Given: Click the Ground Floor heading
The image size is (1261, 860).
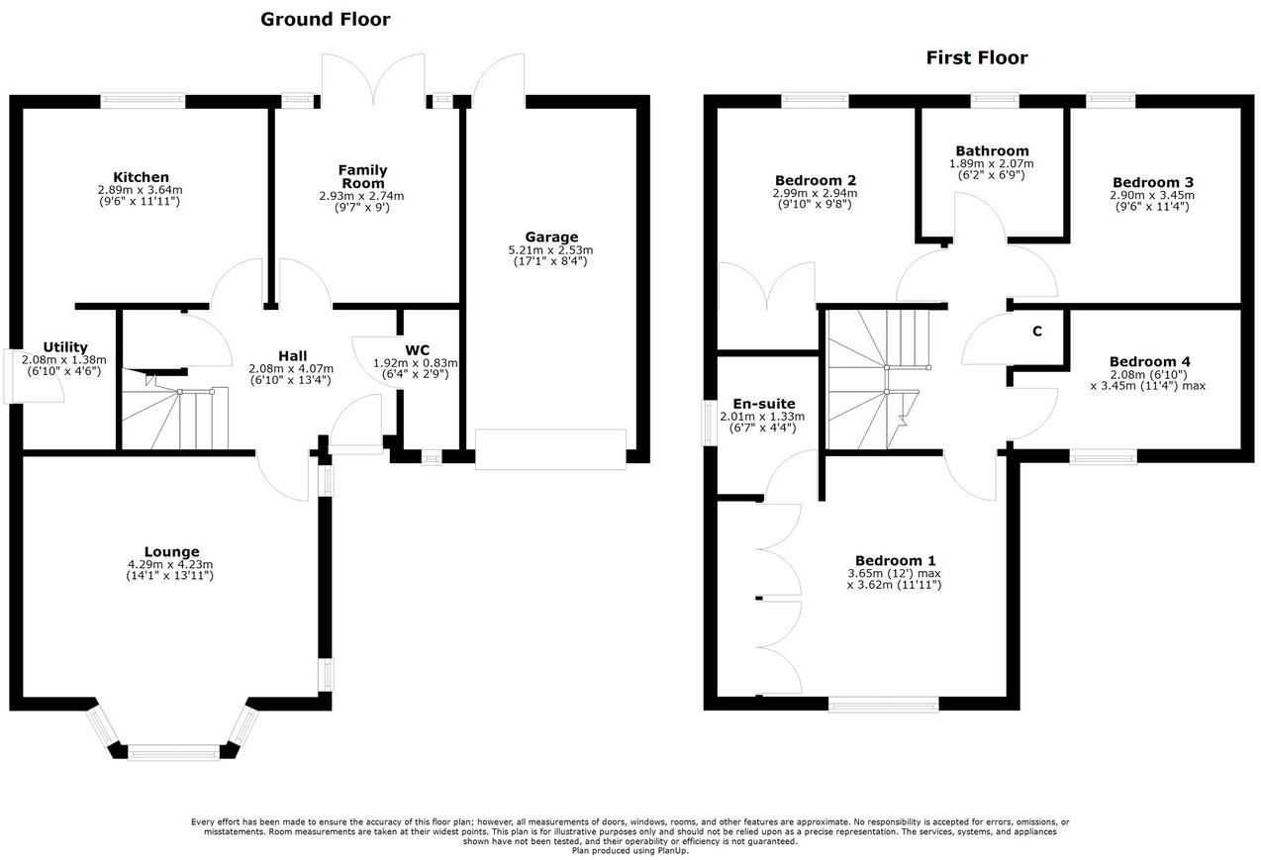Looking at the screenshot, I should point(325,19).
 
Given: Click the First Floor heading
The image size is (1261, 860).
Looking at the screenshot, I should point(976,57).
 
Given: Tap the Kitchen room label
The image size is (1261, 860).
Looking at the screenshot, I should point(140,177).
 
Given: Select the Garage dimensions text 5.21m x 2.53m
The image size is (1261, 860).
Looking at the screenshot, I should point(550,250).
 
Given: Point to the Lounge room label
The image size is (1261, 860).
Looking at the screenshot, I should point(171,552).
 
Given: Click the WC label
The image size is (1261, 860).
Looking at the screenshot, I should point(417,350).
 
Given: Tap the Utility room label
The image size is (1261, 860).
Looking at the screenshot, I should point(64,347).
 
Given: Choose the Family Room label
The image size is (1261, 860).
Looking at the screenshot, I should point(362,176).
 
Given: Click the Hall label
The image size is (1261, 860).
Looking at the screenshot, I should point(292,356).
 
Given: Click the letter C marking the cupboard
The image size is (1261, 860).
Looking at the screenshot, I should point(1037,332).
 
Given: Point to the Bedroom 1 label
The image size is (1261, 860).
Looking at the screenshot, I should point(894,559).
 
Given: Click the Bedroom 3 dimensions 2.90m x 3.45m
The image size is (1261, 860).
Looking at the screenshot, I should point(1152,195).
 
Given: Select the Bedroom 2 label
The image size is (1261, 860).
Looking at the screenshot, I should point(815,180).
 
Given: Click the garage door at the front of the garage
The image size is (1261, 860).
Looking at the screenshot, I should point(550,448).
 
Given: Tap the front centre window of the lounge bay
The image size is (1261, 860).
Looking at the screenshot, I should point(173,753).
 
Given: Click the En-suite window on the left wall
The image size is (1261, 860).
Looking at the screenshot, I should point(708,424).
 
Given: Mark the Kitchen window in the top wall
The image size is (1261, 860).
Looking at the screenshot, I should point(143,100).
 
